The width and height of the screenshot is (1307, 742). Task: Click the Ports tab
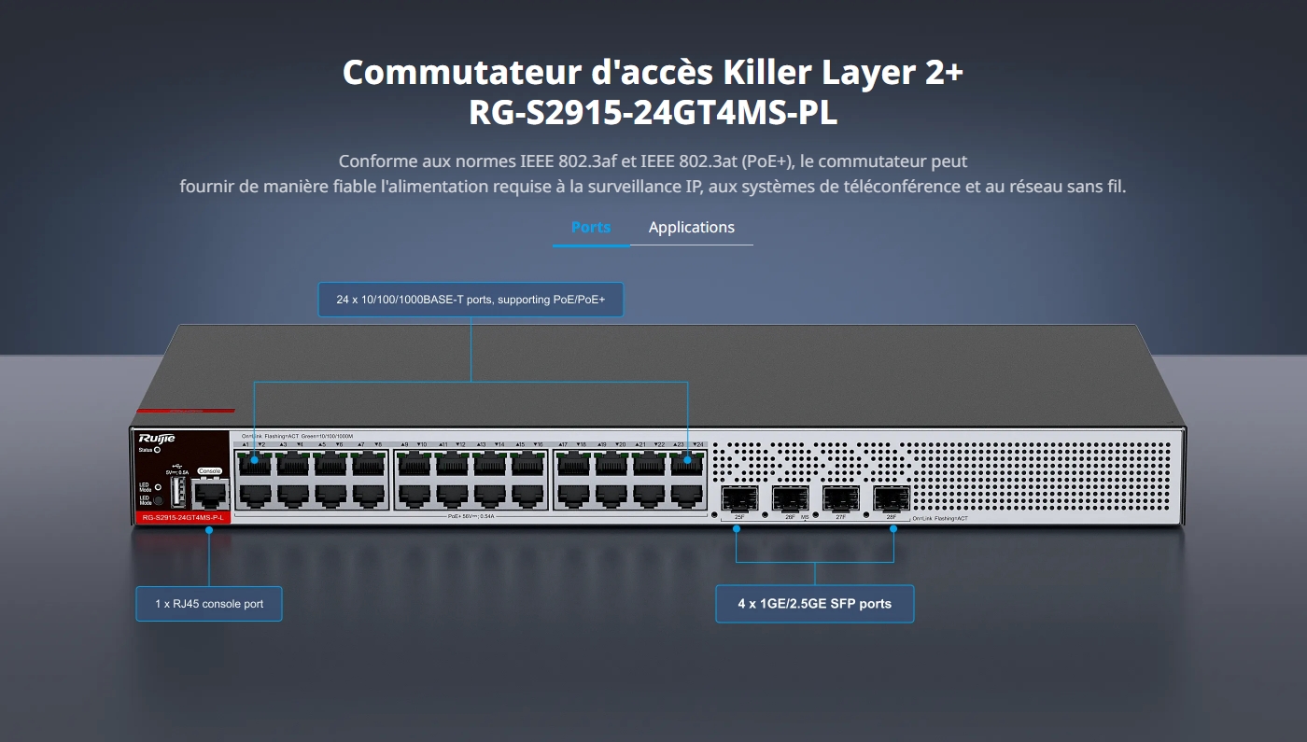tap(590, 228)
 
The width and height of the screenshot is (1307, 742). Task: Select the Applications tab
tap(691, 228)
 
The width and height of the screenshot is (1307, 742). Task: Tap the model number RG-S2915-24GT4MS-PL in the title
tap(653, 114)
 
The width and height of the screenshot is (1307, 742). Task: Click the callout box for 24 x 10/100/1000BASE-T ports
tap(471, 301)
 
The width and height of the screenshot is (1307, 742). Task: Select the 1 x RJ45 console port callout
tap(209, 604)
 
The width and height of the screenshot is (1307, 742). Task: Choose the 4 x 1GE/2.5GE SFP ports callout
tap(814, 604)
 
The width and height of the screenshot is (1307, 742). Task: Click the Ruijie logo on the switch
tap(156, 438)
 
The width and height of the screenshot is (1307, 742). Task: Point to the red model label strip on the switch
tap(180, 517)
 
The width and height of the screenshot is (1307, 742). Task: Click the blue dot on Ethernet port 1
tap(254, 460)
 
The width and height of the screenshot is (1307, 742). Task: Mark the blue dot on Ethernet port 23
tap(687, 460)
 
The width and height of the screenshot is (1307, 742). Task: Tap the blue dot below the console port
tap(209, 530)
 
